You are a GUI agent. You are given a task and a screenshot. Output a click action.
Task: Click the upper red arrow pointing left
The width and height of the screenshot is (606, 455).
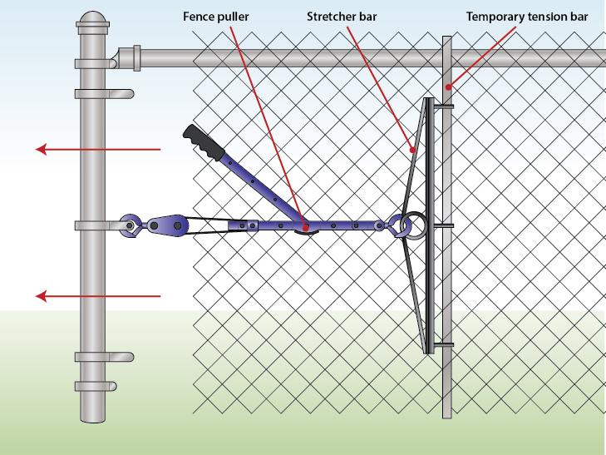[x=98, y=150]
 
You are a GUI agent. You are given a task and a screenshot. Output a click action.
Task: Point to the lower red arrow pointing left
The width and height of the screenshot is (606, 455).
[x=98, y=295]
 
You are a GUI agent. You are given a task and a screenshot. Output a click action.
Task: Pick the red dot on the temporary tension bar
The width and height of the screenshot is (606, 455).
[x=447, y=86]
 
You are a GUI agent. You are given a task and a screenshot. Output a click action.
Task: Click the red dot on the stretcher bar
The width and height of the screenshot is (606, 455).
[x=413, y=150]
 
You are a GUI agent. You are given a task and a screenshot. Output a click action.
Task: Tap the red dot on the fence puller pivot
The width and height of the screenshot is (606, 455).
[x=305, y=226]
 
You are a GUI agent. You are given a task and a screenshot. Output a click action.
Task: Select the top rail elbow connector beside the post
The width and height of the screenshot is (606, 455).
[x=129, y=57]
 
